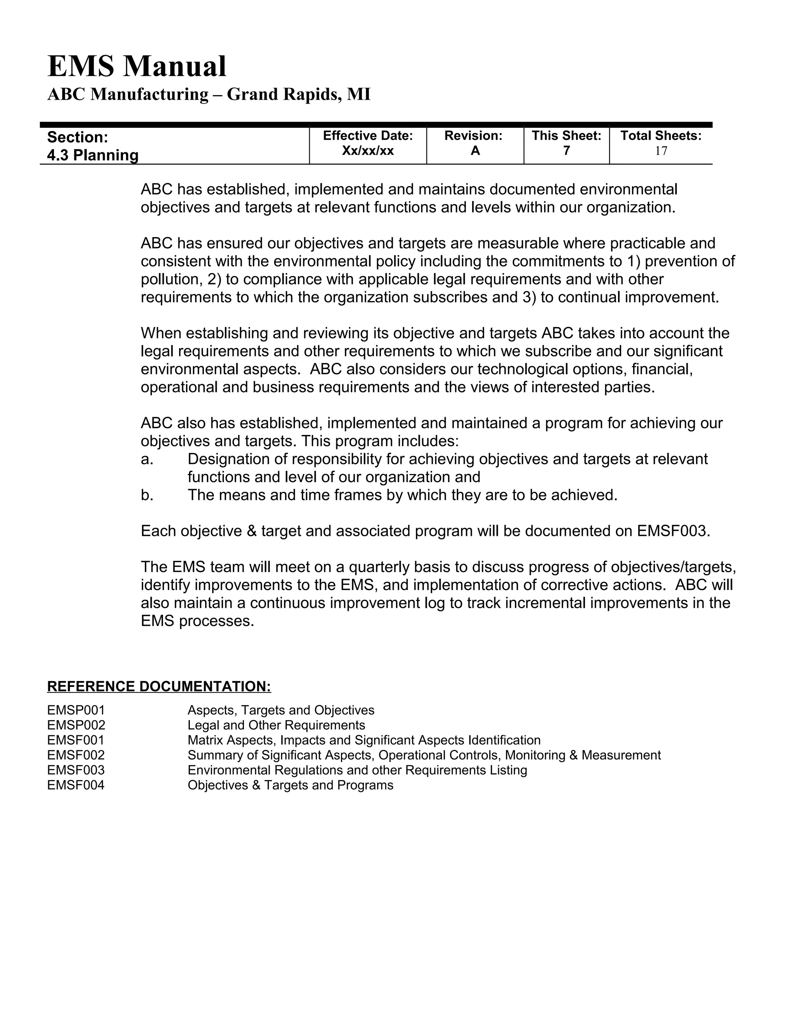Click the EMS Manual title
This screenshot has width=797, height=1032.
pyautogui.click(x=137, y=66)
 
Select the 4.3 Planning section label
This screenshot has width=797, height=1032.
pyautogui.click(x=93, y=155)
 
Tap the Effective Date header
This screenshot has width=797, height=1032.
pyautogui.click(x=368, y=136)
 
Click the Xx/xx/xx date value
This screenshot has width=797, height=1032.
pyautogui.click(x=368, y=151)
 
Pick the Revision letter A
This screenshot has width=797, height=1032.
pyautogui.click(x=475, y=151)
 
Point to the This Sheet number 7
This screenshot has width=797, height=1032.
pyautogui.click(x=566, y=151)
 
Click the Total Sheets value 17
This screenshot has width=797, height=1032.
pyautogui.click(x=660, y=151)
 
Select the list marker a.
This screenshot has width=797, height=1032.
pyautogui.click(x=147, y=459)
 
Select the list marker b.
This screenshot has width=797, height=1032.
pyautogui.click(x=147, y=495)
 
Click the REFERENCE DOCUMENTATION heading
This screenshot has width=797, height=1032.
pyautogui.click(x=159, y=687)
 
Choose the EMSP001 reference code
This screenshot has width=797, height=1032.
pyautogui.click(x=76, y=710)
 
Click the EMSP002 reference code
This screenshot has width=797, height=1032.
pyautogui.click(x=76, y=726)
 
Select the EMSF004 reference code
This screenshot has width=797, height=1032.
pyautogui.click(x=76, y=785)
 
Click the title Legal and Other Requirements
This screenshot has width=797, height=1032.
pyautogui.click(x=276, y=726)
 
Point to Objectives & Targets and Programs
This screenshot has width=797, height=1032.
pyautogui.click(x=290, y=785)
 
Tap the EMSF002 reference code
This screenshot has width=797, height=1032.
pyautogui.click(x=76, y=755)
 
